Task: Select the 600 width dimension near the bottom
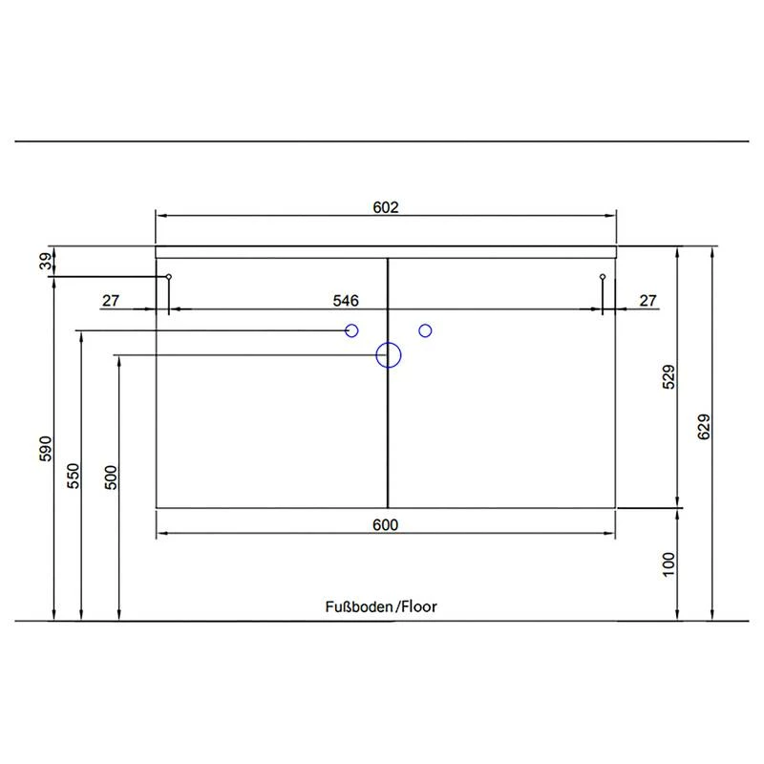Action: tap(385, 524)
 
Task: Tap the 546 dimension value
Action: tap(345, 301)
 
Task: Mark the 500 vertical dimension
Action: tap(111, 477)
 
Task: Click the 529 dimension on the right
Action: tap(668, 377)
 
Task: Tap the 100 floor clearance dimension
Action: tap(668, 564)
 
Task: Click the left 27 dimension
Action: tap(111, 301)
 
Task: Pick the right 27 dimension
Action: tap(647, 301)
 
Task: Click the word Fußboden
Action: tap(359, 606)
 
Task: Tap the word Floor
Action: tap(418, 606)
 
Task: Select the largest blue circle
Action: tap(388, 355)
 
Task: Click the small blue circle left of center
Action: tap(351, 330)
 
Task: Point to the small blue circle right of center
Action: tap(425, 330)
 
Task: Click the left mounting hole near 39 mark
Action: tap(169, 277)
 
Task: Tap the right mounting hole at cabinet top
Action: tap(603, 277)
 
